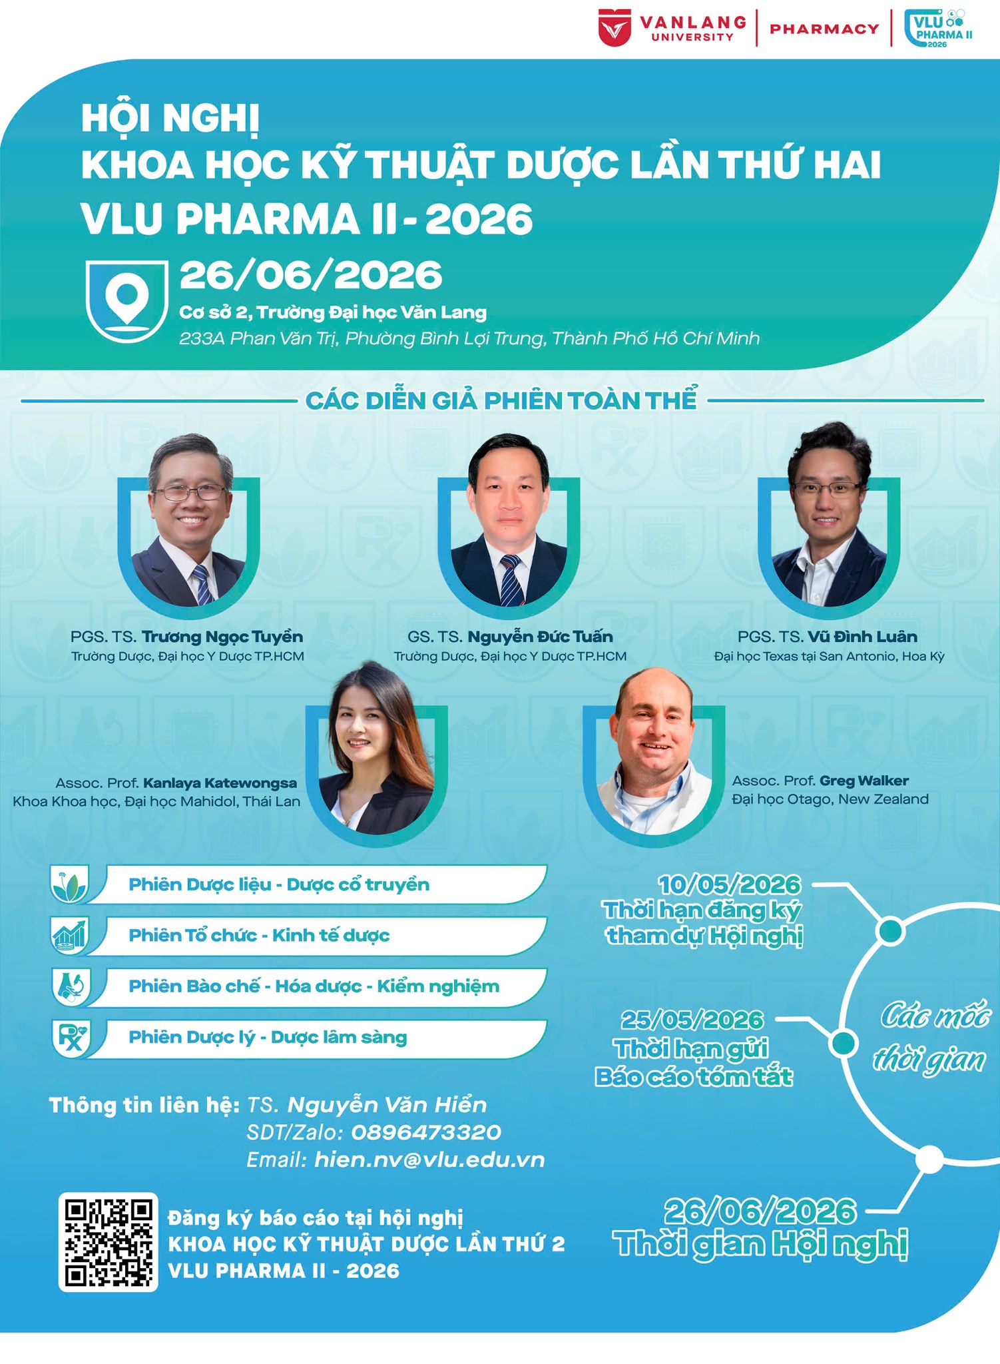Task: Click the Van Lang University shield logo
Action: pyautogui.click(x=615, y=28)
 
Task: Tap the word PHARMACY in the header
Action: pyautogui.click(x=824, y=29)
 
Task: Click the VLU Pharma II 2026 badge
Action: pyautogui.click(x=938, y=29)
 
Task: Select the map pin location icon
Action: pyautogui.click(x=126, y=301)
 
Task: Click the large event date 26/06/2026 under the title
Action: pyautogui.click(x=311, y=274)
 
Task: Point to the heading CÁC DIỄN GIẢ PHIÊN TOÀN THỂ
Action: pyautogui.click(x=501, y=401)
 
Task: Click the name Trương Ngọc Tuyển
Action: pyautogui.click(x=222, y=637)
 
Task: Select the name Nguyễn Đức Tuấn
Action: pyautogui.click(x=540, y=637)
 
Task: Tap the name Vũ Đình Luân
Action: pyautogui.click(x=862, y=637)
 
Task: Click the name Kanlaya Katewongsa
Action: pyautogui.click(x=220, y=783)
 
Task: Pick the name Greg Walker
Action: pyautogui.click(x=864, y=781)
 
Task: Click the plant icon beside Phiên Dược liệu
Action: pyautogui.click(x=71, y=885)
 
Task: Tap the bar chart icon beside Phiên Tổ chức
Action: pyautogui.click(x=71, y=936)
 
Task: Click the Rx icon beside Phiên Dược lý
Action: pyautogui.click(x=71, y=1038)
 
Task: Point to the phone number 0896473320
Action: pyautogui.click(x=426, y=1132)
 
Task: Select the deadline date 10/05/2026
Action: pyautogui.click(x=730, y=884)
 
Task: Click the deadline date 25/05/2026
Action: pyautogui.click(x=692, y=1020)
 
